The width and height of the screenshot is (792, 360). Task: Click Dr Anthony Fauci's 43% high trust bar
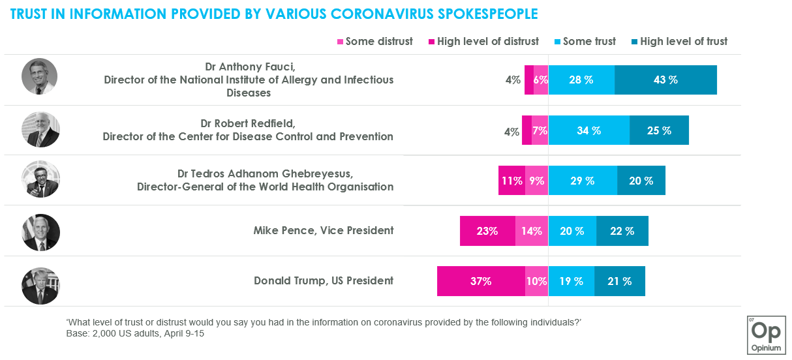[x=665, y=80]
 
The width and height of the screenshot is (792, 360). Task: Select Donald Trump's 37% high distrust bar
[x=481, y=282]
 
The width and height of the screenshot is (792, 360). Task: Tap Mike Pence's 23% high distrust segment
[x=487, y=231]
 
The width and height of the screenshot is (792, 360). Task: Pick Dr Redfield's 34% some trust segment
[x=588, y=130]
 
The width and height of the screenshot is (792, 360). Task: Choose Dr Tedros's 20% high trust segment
[x=641, y=181]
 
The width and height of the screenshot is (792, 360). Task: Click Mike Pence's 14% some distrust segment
[x=532, y=231]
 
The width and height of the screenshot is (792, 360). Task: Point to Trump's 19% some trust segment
[x=571, y=282]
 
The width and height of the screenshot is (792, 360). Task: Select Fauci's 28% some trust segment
[x=581, y=80]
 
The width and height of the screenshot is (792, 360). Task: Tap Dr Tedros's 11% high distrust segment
[x=511, y=181]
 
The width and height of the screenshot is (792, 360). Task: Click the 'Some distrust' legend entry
[x=374, y=42]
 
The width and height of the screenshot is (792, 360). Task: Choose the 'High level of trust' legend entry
[x=678, y=42]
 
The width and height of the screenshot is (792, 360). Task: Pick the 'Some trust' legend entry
[x=585, y=42]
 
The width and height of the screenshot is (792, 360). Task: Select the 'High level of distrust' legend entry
[x=483, y=42]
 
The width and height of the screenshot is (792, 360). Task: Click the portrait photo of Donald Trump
[x=40, y=286]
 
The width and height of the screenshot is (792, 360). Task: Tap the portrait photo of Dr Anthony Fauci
[x=40, y=76]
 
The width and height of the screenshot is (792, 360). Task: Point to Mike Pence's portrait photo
[x=40, y=233]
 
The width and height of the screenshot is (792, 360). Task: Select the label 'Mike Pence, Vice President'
[x=323, y=230]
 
